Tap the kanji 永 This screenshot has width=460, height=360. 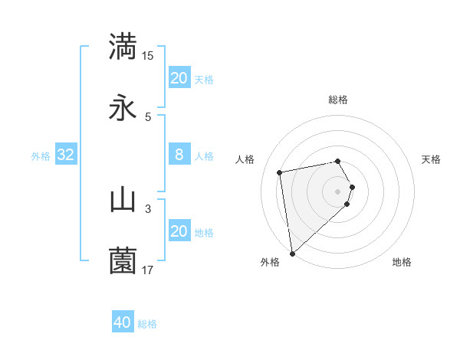[x=123, y=108]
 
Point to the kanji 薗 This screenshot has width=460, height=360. [x=123, y=261]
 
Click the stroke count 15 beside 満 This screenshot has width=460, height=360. [x=148, y=55]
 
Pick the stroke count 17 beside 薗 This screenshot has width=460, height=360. [x=148, y=270]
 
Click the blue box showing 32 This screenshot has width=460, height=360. [x=66, y=155]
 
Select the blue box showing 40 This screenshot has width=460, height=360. [x=123, y=322]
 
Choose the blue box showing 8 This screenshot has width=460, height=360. [x=179, y=155]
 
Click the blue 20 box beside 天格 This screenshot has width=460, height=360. [x=179, y=78]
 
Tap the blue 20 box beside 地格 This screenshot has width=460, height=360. [x=179, y=231]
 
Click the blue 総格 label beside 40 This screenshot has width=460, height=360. [x=148, y=324]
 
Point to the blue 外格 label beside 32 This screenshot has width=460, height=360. [x=41, y=155]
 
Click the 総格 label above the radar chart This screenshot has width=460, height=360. [x=338, y=100]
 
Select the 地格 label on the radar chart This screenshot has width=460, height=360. [x=402, y=262]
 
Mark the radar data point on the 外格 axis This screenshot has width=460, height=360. [x=291, y=253]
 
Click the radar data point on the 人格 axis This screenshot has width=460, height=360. [x=281, y=172]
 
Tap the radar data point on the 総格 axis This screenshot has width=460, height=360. [x=338, y=161]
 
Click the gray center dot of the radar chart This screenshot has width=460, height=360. [x=338, y=191]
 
